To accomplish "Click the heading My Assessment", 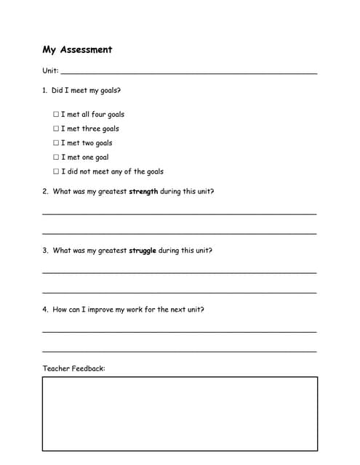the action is (x=77, y=49).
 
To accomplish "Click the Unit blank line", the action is (x=189, y=73).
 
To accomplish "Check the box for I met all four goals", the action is (x=56, y=114).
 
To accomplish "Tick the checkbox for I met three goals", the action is (x=56, y=129).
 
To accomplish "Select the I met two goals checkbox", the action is (x=56, y=143).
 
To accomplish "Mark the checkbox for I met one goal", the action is (x=56, y=157).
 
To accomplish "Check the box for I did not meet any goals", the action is (x=56, y=171).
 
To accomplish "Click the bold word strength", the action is (x=143, y=192).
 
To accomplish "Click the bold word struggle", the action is (x=143, y=251).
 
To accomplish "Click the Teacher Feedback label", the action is (x=73, y=368).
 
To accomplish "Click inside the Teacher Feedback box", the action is (x=180, y=413).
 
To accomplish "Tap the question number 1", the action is (x=44, y=91).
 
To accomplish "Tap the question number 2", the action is (x=44, y=192).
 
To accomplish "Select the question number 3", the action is (x=44, y=251).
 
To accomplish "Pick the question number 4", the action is (x=44, y=310).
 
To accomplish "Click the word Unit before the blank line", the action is (x=49, y=71).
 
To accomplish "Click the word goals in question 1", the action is (x=109, y=92).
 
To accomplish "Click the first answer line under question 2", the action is (x=180, y=213).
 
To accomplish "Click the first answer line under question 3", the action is (x=180, y=272).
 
